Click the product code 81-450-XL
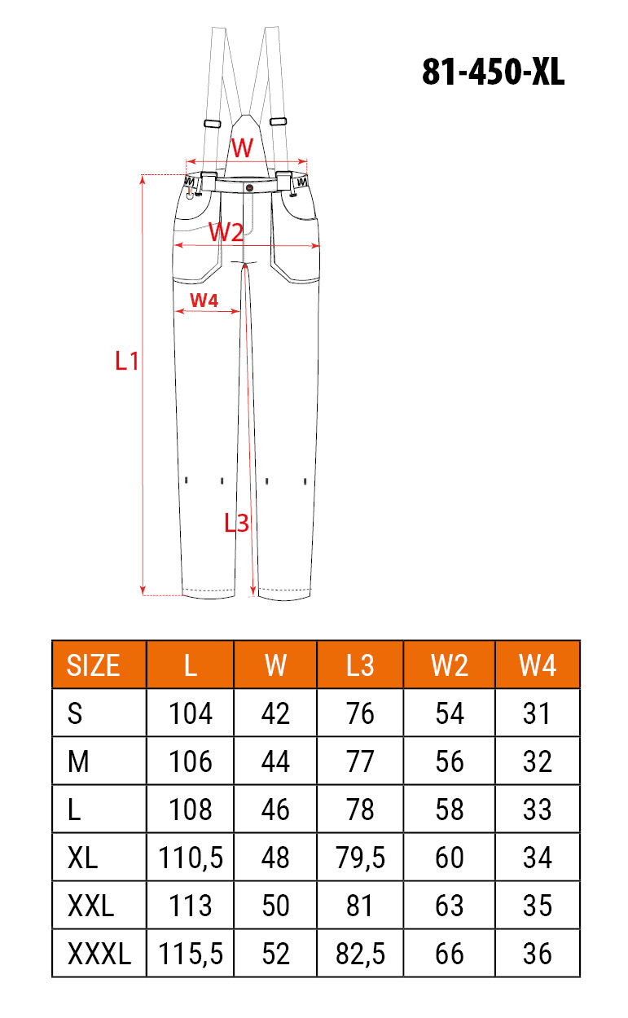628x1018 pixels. click(x=493, y=72)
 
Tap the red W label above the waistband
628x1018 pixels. click(x=242, y=147)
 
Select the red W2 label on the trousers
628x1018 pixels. click(x=226, y=232)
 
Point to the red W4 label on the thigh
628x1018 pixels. click(x=204, y=301)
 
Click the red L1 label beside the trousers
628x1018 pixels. click(x=127, y=362)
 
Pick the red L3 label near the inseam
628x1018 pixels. click(x=236, y=523)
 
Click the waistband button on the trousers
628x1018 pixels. click(x=249, y=187)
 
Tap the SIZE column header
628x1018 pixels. click(x=93, y=666)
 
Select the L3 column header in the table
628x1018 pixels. click(x=360, y=666)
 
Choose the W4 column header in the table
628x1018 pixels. click(x=538, y=666)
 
